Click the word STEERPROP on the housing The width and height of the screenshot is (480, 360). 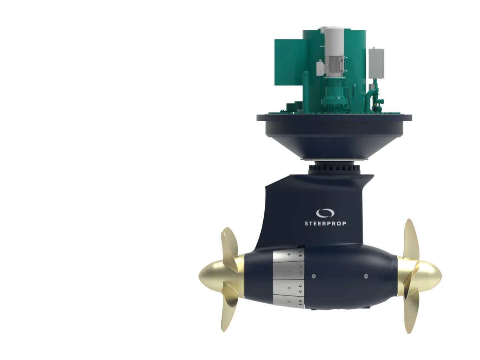[x=325, y=223]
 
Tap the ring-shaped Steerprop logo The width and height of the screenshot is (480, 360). [x=325, y=213]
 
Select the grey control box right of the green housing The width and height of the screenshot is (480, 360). [x=376, y=63]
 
